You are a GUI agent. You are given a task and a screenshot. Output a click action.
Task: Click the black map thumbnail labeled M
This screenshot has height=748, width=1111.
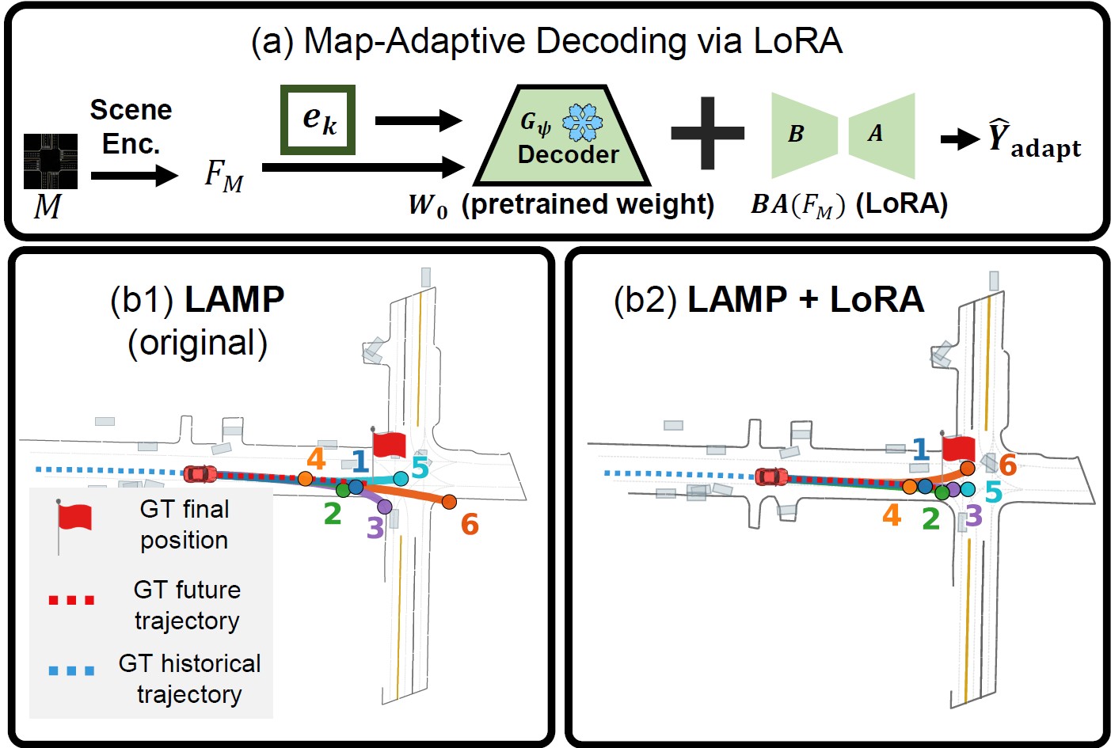tap(50, 161)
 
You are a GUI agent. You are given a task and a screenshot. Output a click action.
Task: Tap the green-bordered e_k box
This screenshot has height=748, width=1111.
tap(318, 120)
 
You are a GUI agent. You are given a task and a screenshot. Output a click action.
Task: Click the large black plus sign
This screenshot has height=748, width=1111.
tap(707, 133)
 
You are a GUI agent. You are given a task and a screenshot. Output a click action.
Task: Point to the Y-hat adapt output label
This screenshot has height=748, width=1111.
tap(1033, 140)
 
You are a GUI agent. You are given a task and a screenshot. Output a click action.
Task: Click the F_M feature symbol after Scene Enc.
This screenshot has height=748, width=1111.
tap(223, 175)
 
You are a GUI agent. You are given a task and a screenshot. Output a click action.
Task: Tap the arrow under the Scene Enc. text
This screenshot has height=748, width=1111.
tap(134, 175)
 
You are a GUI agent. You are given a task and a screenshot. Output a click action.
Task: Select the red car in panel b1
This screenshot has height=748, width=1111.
tap(200, 473)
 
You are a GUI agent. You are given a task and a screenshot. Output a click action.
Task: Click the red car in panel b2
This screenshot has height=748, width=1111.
tap(771, 477)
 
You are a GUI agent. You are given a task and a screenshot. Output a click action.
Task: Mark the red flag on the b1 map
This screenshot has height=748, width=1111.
tap(388, 445)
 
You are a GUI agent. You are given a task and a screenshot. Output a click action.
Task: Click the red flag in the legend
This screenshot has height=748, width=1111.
tap(74, 517)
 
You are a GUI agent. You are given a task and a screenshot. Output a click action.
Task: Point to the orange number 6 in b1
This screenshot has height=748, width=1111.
tap(470, 524)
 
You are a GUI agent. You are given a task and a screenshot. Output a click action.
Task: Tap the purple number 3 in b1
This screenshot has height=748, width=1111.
tap(375, 527)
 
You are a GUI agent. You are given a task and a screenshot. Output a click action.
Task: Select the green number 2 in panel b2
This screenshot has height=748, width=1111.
tap(931, 519)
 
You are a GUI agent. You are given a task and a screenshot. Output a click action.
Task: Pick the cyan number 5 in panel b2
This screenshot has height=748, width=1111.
tap(993, 492)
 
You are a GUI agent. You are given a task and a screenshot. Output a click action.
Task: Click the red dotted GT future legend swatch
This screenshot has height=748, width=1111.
tap(71, 600)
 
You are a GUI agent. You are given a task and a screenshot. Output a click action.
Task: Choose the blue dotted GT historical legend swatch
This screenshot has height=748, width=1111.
tap(71, 671)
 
